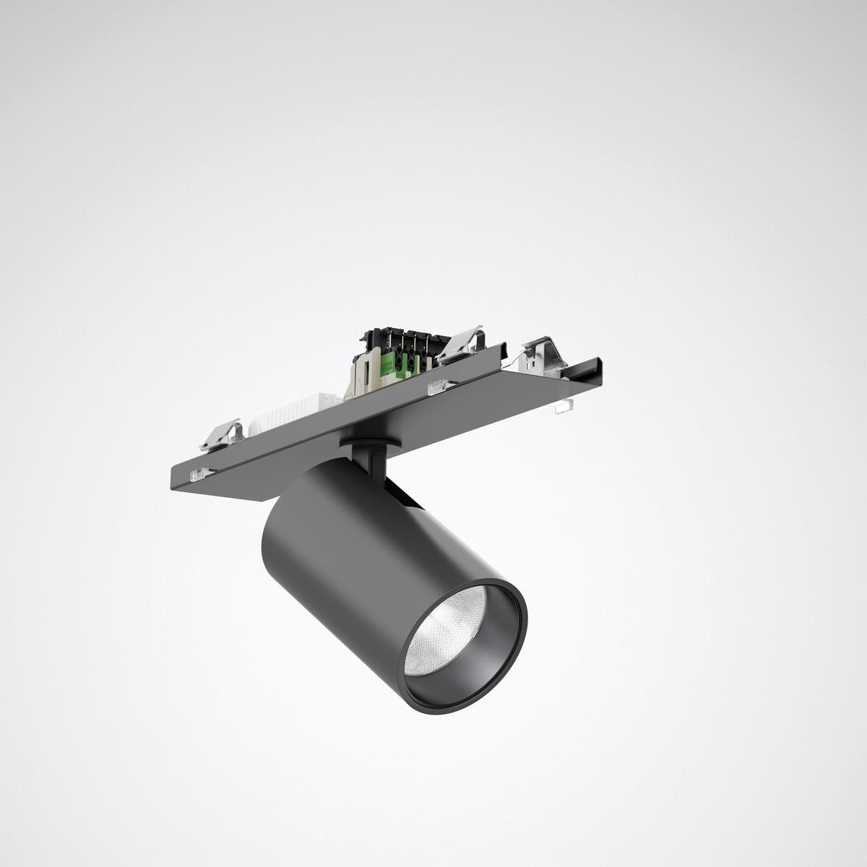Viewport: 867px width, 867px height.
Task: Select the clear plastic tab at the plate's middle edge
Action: click(437, 389)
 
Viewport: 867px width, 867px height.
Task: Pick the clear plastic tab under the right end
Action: click(560, 409)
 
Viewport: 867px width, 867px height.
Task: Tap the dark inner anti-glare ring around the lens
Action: click(499, 636)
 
